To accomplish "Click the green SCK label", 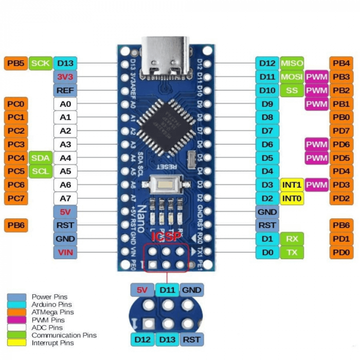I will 41,63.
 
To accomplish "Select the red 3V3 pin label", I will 65,77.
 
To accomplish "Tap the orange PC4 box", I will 15,158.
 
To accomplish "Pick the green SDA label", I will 41,158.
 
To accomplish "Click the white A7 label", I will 65,198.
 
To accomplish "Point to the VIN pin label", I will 65,252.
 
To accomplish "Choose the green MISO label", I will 292,63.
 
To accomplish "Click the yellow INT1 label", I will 292,185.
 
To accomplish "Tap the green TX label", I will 292,252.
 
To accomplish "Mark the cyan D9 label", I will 267,104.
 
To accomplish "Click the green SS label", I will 292,91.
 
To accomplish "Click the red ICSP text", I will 165,237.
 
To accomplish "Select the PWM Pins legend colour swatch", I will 16,319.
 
